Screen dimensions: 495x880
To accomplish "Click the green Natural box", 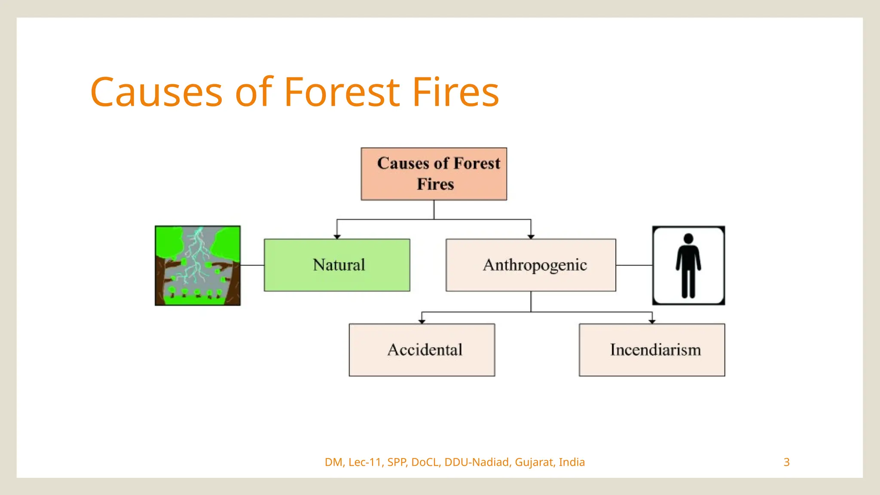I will click(337, 265).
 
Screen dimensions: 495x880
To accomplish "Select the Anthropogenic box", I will click(531, 265).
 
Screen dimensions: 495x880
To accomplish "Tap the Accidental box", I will click(422, 350).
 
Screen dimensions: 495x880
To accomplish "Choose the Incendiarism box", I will click(652, 350).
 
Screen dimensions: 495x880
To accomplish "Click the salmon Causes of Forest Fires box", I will click(434, 174).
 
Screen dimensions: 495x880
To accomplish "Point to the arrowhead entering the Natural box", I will click(337, 236).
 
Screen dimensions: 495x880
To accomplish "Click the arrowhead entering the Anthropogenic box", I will click(531, 236).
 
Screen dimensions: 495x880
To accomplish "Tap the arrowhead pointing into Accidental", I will click(422, 321).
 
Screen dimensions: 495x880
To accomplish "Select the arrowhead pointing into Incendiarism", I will click(652, 321).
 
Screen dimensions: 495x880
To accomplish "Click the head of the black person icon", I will click(688, 239).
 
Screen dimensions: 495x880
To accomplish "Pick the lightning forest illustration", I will click(198, 266).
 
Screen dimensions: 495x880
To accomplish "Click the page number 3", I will click(786, 462).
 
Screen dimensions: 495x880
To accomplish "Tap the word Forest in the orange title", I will click(342, 92).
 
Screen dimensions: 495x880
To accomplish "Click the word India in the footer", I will click(572, 462).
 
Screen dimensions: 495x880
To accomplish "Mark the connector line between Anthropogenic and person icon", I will click(634, 265).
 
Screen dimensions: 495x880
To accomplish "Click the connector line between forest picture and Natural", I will click(252, 265).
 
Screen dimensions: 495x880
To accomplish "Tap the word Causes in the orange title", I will click(156, 92).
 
